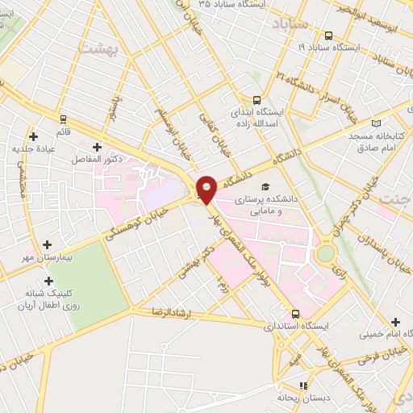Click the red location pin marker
(x=206, y=189)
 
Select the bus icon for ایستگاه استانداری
(x=295, y=313)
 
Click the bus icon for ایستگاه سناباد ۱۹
(x=328, y=35)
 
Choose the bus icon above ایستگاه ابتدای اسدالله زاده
(x=257, y=101)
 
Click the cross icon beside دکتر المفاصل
(x=98, y=147)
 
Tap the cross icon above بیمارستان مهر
(x=47, y=244)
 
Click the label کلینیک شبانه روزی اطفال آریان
(x=45, y=300)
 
